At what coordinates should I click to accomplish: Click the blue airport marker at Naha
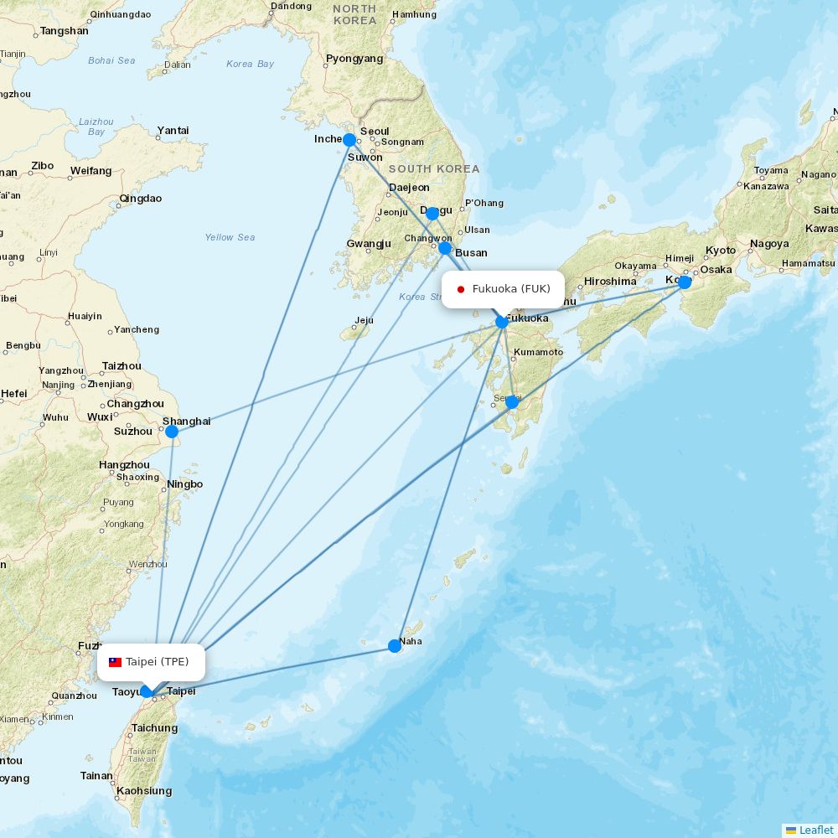395,645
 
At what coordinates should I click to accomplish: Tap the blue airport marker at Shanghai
172,432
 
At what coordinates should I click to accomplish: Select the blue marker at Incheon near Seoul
349,140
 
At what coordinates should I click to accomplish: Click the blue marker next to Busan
445,248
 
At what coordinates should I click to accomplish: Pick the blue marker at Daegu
432,213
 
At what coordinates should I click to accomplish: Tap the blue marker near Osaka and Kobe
685,282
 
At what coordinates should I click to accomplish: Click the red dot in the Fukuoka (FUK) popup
461,290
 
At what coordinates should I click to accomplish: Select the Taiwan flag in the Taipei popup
115,662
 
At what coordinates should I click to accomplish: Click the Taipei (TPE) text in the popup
158,662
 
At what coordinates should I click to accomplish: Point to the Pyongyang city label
354,59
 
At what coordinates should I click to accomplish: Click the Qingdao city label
141,199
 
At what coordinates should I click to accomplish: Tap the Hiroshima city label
610,282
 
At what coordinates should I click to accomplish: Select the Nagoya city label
769,244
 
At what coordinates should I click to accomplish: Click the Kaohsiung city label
144,791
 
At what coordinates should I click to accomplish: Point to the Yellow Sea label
230,237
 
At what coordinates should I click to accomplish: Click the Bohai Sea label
111,60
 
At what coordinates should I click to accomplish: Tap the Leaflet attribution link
815,830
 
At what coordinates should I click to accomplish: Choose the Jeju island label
364,320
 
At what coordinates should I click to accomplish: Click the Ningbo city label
185,484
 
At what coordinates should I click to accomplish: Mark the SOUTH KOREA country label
434,168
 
